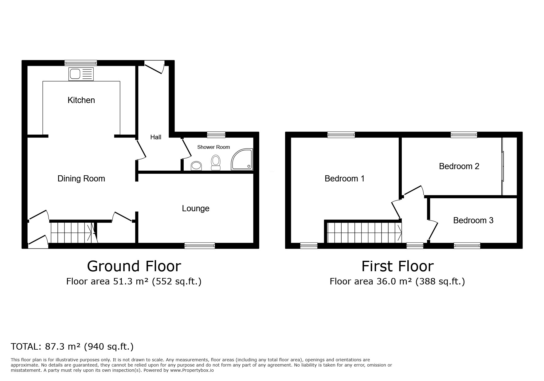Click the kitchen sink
81,74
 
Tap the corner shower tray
242,160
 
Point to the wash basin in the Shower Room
197,166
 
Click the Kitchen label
81,100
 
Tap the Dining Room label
81,179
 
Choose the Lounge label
196,208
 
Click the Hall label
156,137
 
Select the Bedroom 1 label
345,179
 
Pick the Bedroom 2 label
459,166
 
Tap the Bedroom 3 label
473,220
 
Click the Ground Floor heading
134,266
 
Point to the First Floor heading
397,266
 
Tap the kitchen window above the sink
81,63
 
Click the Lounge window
200,245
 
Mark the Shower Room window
216,135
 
